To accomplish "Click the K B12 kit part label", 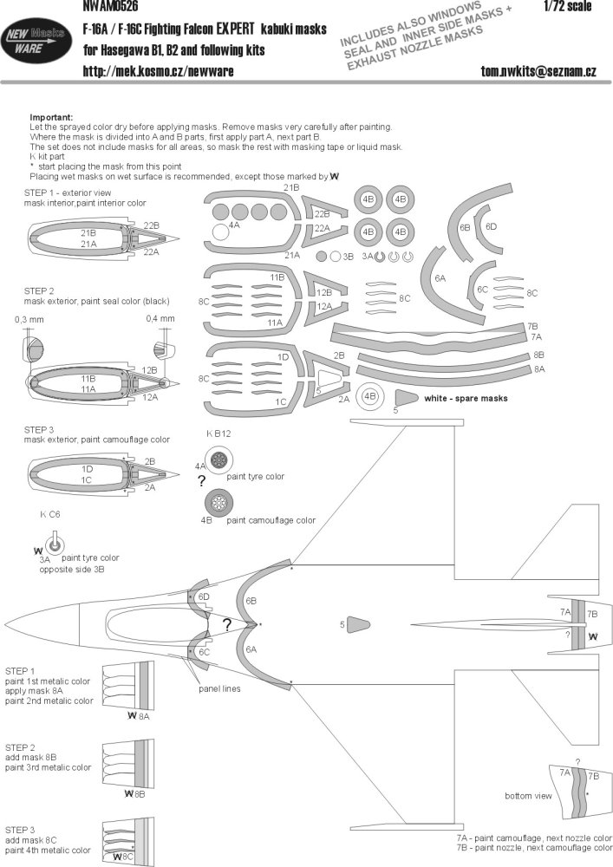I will click(x=218, y=434).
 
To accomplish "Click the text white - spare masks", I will click(x=466, y=399).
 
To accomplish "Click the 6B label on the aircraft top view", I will click(x=251, y=601).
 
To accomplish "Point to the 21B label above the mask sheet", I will click(x=289, y=187).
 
